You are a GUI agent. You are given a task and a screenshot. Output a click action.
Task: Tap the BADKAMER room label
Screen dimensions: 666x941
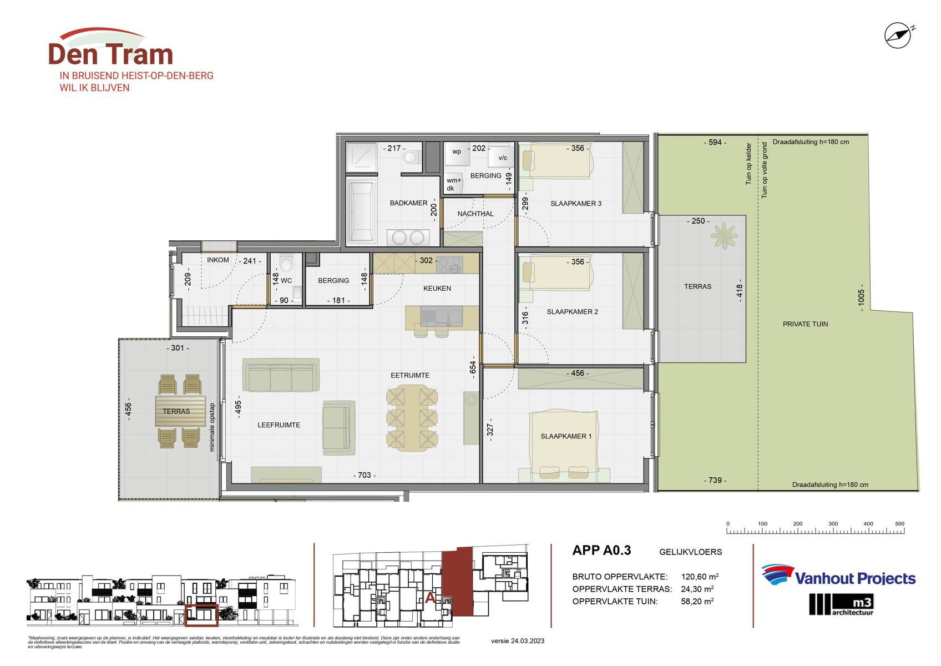coord(408,203)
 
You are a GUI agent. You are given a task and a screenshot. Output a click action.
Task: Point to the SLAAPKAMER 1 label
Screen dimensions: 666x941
coord(566,436)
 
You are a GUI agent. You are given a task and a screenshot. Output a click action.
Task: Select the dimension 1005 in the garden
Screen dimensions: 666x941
coord(861,300)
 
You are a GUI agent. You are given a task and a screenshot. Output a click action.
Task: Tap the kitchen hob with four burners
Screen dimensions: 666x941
coord(449,265)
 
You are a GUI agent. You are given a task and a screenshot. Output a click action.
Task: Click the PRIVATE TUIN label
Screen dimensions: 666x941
coord(805,324)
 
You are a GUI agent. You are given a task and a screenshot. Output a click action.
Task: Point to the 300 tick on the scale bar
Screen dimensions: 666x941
coord(833,524)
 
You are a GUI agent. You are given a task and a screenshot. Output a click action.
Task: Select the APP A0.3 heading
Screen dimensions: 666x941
coord(601,551)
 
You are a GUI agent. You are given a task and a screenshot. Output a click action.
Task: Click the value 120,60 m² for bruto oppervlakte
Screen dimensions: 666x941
coord(700,577)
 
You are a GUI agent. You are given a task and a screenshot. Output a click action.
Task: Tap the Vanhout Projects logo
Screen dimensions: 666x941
coord(838,576)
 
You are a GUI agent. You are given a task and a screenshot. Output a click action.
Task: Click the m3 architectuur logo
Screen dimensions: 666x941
coord(841,604)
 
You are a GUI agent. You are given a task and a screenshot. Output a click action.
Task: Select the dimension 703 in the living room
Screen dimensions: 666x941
coord(365,475)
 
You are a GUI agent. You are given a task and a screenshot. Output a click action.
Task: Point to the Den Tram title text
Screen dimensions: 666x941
coord(111,54)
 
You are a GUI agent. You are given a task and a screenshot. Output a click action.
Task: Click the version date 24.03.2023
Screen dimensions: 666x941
coord(518,641)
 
